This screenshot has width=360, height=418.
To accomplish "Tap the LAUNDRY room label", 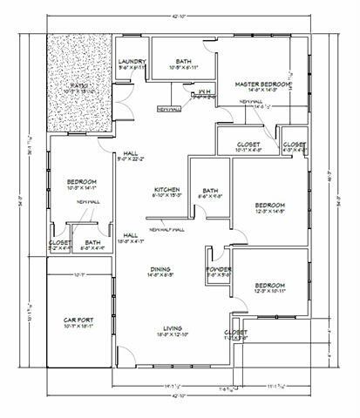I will click(131, 61).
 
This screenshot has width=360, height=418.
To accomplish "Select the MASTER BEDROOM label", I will click(260, 84).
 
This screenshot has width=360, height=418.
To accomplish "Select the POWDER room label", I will click(219, 270).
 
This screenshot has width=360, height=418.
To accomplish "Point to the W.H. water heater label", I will click(203, 91).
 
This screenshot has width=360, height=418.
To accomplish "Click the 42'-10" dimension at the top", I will click(180, 16).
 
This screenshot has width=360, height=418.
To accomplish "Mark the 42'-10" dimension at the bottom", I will click(180, 395).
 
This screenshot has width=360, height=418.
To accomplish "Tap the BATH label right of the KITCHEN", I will click(210, 191).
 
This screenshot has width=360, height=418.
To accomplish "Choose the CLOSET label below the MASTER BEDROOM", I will click(244, 145).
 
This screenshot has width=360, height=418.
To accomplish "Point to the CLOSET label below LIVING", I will click(235, 332).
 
